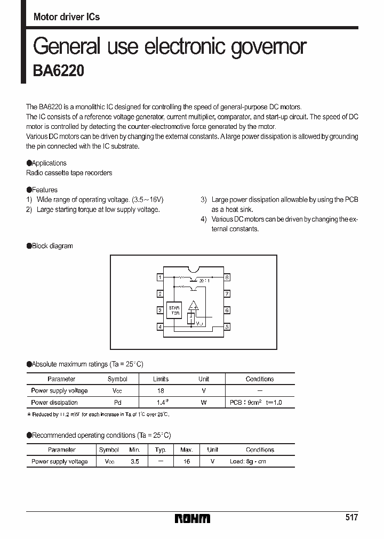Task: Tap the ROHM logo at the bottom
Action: (193, 518)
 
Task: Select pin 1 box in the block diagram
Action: (159, 277)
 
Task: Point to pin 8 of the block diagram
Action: (227, 277)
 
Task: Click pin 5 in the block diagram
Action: (227, 326)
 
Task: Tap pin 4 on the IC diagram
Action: (159, 326)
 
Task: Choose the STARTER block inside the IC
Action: (174, 311)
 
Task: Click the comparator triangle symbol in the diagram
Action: (193, 306)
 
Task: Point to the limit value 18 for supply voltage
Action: (161, 391)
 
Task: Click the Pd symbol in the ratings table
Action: (117, 403)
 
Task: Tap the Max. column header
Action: (186, 450)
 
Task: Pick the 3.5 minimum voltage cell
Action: (135, 462)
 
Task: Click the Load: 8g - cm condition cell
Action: (247, 462)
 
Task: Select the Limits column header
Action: (161, 379)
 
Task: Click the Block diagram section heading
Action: (52, 246)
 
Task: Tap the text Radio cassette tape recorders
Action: (69, 173)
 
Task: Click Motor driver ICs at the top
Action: (67, 17)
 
